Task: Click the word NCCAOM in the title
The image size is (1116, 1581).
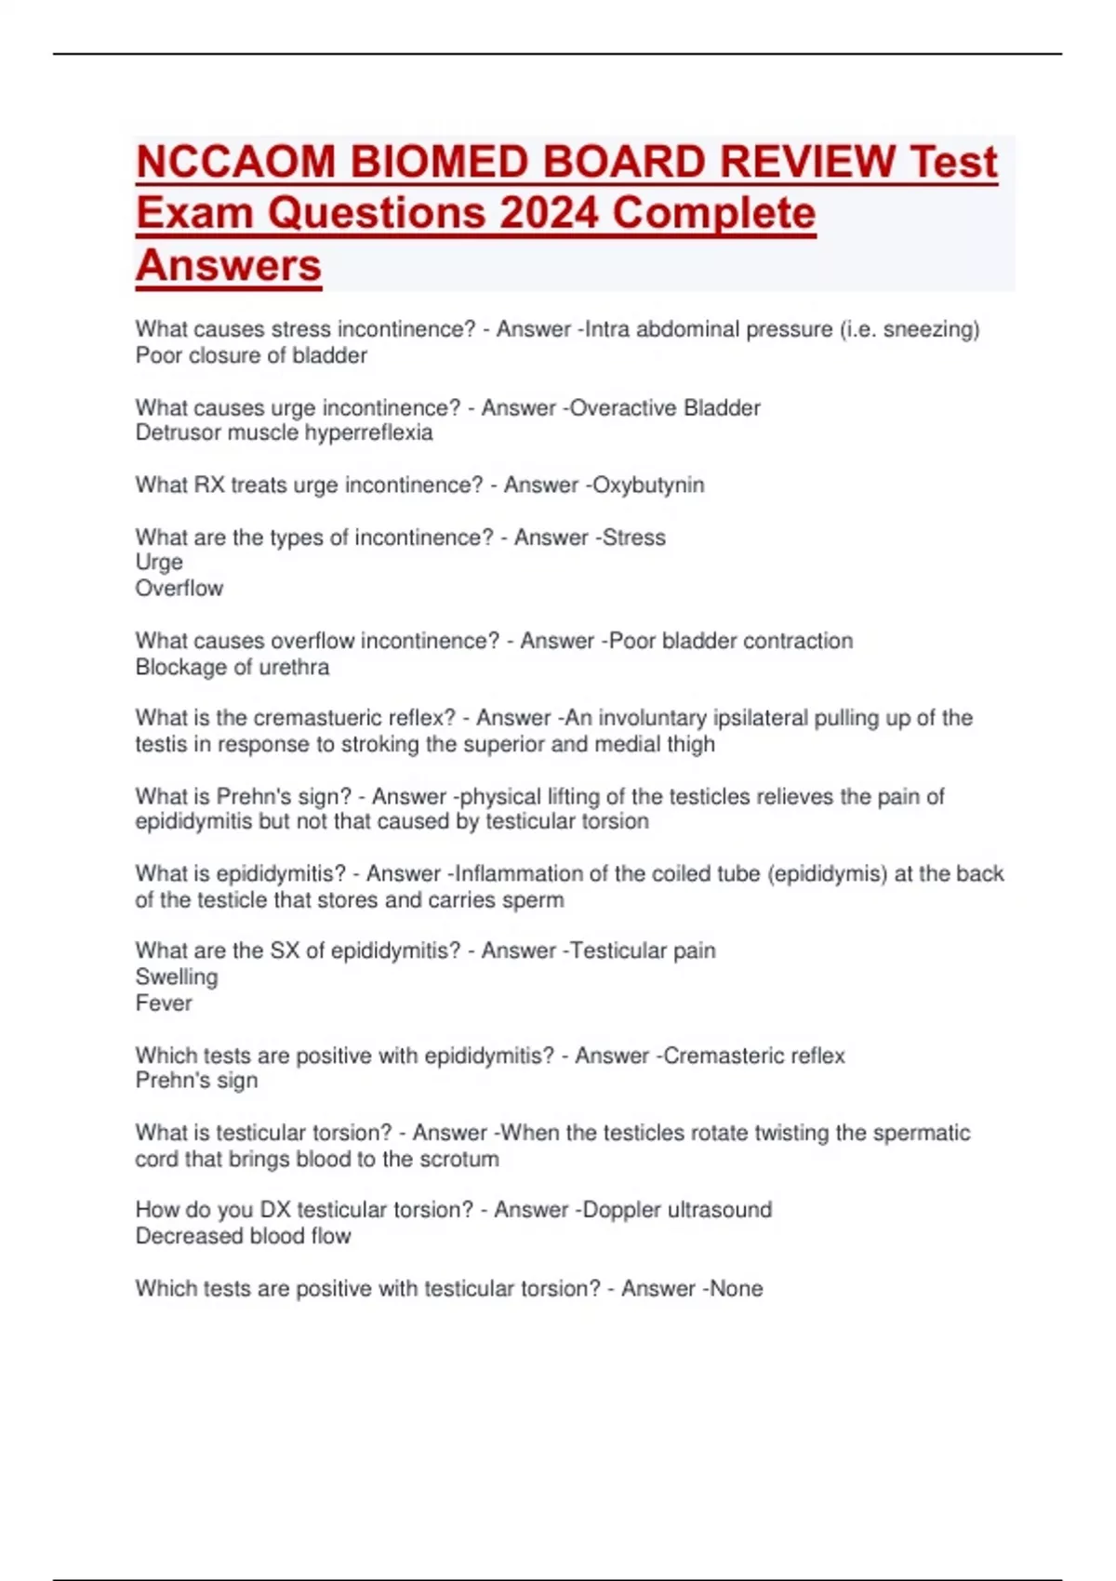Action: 236,162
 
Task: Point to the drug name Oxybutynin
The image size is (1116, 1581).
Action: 648,485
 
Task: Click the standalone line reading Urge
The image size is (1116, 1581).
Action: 159,563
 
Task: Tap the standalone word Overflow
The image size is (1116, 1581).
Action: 179,589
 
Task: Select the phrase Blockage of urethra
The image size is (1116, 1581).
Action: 232,667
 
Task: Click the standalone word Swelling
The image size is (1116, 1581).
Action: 177,976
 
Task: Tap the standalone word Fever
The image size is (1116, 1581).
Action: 164,1003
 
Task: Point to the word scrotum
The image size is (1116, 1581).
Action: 459,1159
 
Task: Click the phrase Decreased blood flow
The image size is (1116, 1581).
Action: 244,1236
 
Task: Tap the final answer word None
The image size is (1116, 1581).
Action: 737,1288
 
